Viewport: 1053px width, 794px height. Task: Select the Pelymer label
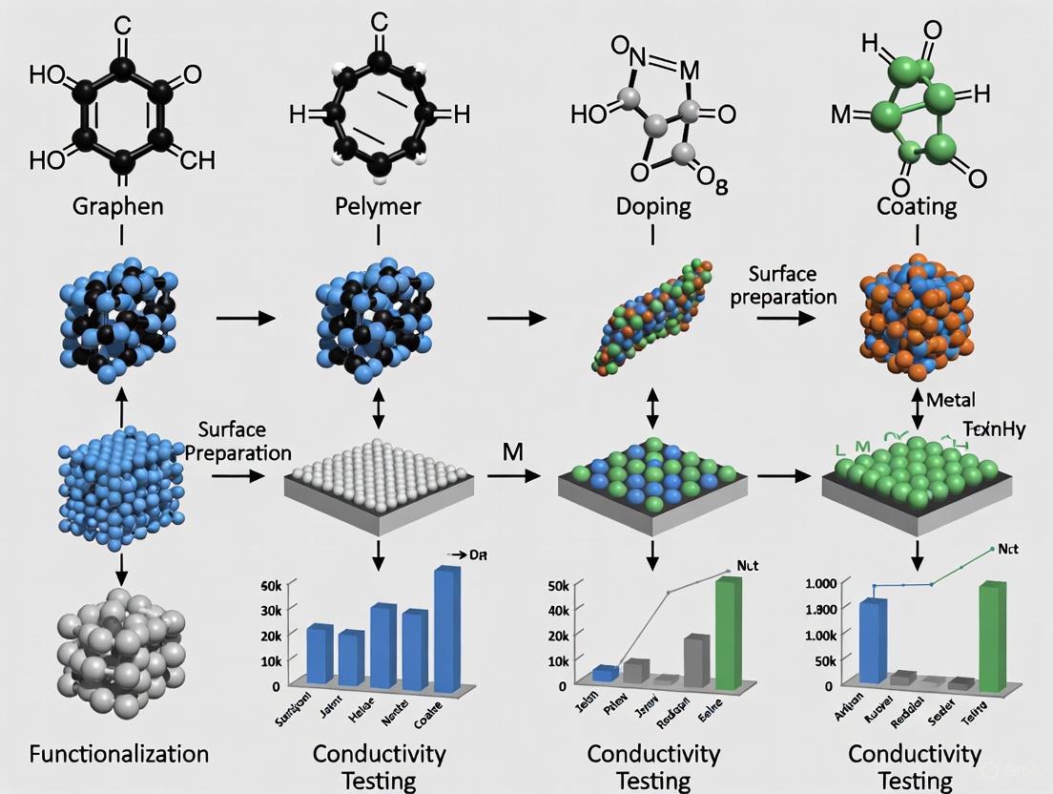(378, 206)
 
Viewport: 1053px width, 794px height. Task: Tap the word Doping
(653, 206)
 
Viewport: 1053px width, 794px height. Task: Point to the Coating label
(916, 206)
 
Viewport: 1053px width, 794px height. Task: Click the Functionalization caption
(119, 753)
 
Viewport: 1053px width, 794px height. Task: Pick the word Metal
(950, 399)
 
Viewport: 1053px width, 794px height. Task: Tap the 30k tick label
(271, 610)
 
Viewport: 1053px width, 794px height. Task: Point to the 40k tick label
(557, 610)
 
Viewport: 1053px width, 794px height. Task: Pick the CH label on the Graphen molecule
(196, 159)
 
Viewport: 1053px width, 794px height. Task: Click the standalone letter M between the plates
(512, 451)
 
